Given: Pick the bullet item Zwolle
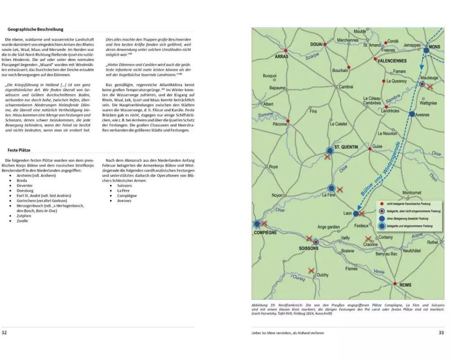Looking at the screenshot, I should pyautogui.click(x=22, y=221).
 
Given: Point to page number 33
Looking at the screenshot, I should pyautogui.click(x=441, y=333).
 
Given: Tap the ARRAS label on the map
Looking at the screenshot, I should pyautogui.click(x=282, y=57).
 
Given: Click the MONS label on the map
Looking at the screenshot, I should pyautogui.click(x=435, y=47).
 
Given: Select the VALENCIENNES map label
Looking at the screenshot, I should pyautogui.click(x=391, y=61).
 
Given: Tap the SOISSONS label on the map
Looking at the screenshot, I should pyautogui.click(x=309, y=248).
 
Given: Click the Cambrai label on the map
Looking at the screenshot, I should pyautogui.click(x=346, y=86).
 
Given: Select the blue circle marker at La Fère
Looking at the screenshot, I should pyautogui.click(x=332, y=188).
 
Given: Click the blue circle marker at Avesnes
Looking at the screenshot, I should pyautogui.click(x=412, y=114).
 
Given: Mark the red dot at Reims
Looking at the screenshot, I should pyautogui.click(x=395, y=284).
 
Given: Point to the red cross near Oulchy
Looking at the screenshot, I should pyautogui.click(x=311, y=270).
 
